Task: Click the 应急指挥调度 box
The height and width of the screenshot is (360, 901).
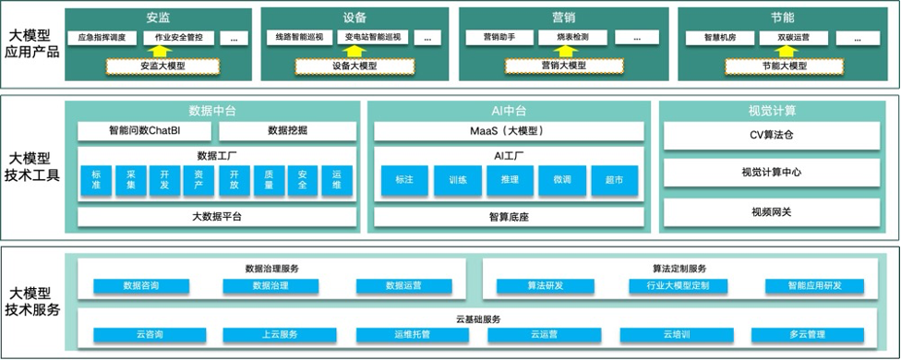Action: click(102, 38)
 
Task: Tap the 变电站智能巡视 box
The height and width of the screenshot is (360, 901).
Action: click(373, 38)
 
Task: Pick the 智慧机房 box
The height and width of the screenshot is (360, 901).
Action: click(708, 38)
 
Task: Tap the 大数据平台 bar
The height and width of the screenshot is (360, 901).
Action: click(216, 217)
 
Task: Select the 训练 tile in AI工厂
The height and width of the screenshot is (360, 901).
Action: click(457, 180)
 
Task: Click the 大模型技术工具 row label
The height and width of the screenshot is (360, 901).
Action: click(34, 165)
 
